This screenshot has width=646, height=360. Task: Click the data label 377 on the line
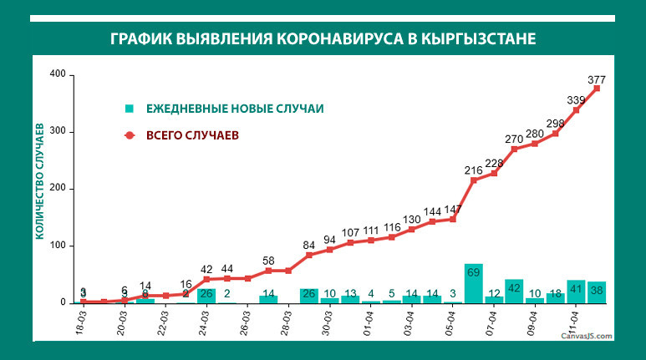pos(597,80)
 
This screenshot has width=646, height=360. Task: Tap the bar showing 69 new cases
pos(474,283)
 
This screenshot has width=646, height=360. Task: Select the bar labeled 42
pos(514,291)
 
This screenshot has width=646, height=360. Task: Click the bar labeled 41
pos(576,291)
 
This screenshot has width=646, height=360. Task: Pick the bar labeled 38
pos(597,292)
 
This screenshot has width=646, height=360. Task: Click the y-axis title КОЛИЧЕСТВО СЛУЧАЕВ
pos(39,179)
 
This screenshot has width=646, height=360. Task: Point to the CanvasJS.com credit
pos(588,336)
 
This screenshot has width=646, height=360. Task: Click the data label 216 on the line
pos(474,170)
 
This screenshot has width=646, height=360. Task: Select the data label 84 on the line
pos(309,245)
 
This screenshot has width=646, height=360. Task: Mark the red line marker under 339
pos(576,109)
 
